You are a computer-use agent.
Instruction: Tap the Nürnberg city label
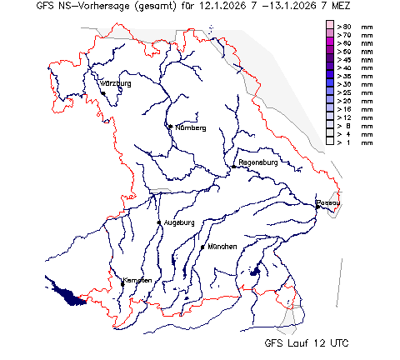pos(190,128)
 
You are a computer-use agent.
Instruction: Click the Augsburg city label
pos(178,222)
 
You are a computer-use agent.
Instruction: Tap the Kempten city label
pos(137,280)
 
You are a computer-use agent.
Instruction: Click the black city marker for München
pos(202,247)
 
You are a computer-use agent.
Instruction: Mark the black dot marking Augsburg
pos(159,222)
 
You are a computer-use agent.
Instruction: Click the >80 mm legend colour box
pos(330,27)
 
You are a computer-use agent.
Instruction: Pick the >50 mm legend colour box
pos(330,52)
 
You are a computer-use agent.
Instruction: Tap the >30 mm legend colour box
pos(330,85)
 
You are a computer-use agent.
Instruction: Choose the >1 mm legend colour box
pos(330,142)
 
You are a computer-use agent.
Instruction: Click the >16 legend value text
pos(345,109)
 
